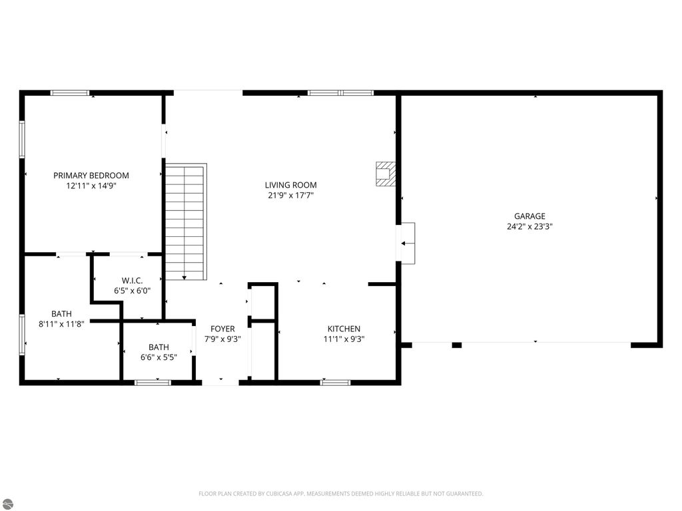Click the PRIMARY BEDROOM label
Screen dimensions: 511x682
[91, 176]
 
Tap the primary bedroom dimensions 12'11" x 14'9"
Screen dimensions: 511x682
[91, 186]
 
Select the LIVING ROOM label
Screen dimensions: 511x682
[290, 185]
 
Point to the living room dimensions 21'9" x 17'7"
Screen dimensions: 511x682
[290, 196]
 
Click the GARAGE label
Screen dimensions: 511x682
[529, 216]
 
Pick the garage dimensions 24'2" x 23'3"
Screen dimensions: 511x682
[529, 226]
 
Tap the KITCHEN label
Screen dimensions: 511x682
[344, 329]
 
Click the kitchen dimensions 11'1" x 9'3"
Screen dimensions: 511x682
[344, 339]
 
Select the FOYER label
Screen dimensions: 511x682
[222, 329]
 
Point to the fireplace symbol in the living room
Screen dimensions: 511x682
[384, 174]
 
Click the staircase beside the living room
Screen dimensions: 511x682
[185, 222]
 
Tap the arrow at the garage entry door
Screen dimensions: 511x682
[406, 244]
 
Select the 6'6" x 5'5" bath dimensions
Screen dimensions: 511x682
[159, 357]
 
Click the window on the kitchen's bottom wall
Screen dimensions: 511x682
[335, 383]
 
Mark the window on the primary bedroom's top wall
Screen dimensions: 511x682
[70, 93]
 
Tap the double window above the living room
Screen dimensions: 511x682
[340, 93]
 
